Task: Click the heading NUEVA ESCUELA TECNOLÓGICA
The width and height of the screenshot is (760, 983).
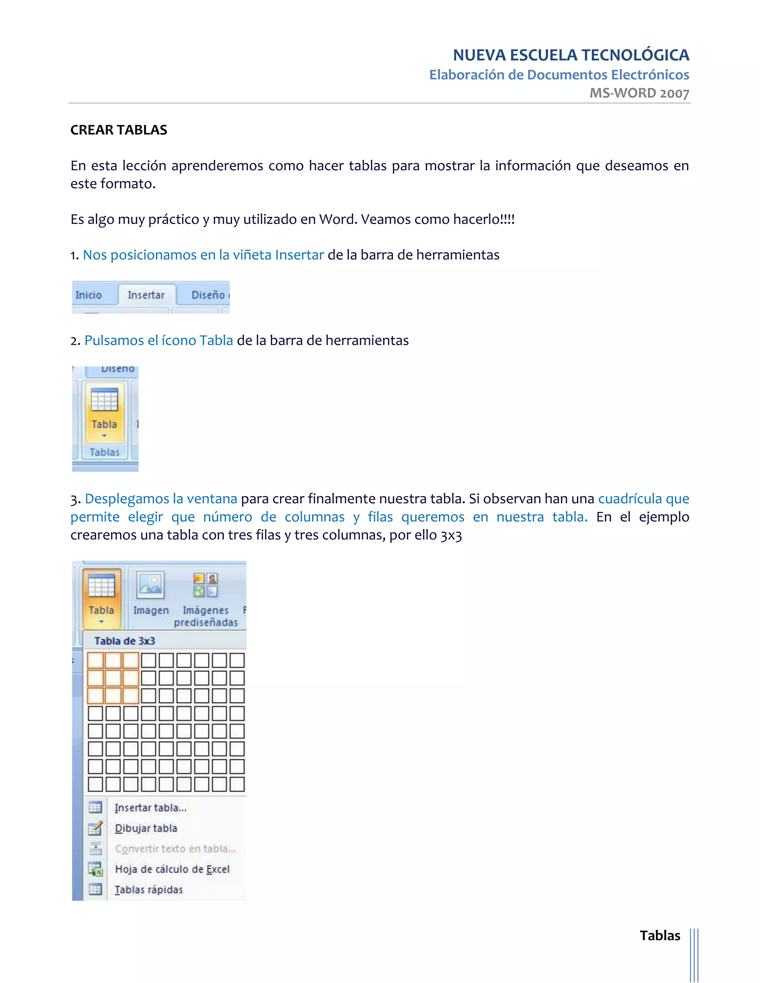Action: tap(570, 55)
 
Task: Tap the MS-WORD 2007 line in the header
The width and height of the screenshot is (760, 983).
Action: tap(639, 93)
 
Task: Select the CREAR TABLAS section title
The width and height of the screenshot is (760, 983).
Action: tap(119, 130)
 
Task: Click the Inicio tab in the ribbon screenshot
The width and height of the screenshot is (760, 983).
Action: tap(89, 295)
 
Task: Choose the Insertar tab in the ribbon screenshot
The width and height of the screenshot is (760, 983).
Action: tap(146, 295)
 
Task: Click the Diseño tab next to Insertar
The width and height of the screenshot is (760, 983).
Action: tap(208, 295)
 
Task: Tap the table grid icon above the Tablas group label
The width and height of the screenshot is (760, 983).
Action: tap(104, 400)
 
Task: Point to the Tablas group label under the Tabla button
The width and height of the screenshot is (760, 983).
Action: tap(104, 452)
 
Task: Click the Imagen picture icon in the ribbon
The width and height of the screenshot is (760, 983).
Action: tap(150, 585)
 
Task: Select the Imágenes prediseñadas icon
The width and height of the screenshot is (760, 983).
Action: tap(205, 585)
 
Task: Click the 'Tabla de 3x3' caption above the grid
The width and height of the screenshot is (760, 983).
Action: tap(125, 641)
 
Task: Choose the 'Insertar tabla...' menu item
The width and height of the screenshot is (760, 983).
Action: tap(150, 808)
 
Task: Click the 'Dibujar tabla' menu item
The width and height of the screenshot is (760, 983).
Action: tap(146, 828)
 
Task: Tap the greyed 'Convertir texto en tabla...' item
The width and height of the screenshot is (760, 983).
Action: tap(175, 849)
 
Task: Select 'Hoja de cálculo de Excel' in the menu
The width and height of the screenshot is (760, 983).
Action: tap(172, 869)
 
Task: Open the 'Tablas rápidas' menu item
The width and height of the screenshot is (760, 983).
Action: tap(148, 890)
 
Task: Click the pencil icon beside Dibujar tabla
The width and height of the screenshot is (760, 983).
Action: tap(95, 828)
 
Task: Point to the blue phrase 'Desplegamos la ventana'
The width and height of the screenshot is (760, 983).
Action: tap(161, 499)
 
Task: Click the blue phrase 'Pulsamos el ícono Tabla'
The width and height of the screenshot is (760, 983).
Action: tap(158, 340)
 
